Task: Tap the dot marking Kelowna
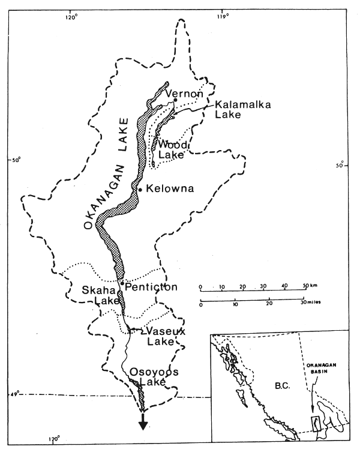tap(140, 190)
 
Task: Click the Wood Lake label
tap(173, 150)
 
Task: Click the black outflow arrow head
tap(143, 425)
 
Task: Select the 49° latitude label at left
tap(14, 393)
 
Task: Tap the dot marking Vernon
tap(176, 100)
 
